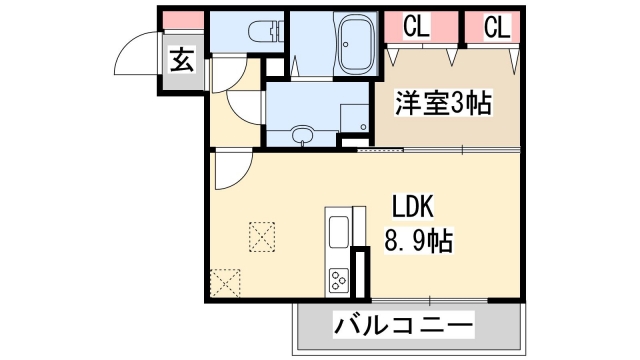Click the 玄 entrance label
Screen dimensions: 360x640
coord(181,60)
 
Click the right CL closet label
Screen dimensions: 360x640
coord(497,28)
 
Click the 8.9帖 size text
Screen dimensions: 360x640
coord(418,240)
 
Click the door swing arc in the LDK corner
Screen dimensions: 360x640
coord(229,171)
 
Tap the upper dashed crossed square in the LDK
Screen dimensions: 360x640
coord(264,236)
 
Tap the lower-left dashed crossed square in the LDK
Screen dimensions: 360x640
coord(226,283)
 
